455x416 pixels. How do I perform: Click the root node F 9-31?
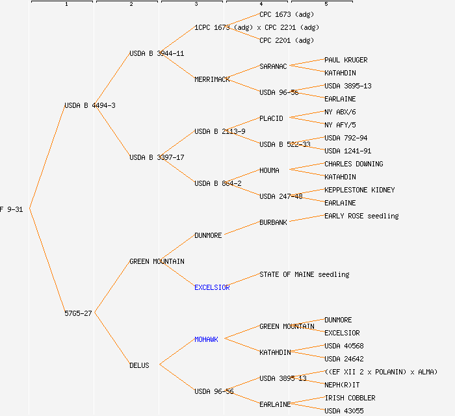point(12,209)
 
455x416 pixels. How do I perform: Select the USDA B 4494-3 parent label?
point(90,105)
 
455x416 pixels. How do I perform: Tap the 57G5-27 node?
point(78,313)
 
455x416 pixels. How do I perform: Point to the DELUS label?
point(139,365)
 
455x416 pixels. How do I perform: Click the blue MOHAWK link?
point(206,339)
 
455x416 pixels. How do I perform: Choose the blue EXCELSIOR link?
point(212,287)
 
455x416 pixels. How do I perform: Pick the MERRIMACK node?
point(212,79)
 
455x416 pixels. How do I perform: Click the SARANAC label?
point(273,66)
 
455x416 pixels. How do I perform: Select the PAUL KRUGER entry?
point(346,60)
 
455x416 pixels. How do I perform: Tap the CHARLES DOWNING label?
point(354,164)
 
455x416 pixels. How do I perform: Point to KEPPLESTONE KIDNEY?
point(359,190)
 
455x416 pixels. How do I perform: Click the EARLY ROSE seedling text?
point(361,216)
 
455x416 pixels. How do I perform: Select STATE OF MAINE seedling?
point(304,274)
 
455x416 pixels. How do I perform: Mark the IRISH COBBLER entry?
point(350,398)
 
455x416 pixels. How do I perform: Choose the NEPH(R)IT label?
point(342,385)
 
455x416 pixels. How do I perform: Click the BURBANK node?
point(273,222)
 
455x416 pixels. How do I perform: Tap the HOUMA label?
point(269,170)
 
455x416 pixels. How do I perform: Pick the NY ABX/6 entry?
point(340,112)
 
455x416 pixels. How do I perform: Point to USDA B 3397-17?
point(157,157)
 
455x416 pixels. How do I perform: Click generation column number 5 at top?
point(326,4)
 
